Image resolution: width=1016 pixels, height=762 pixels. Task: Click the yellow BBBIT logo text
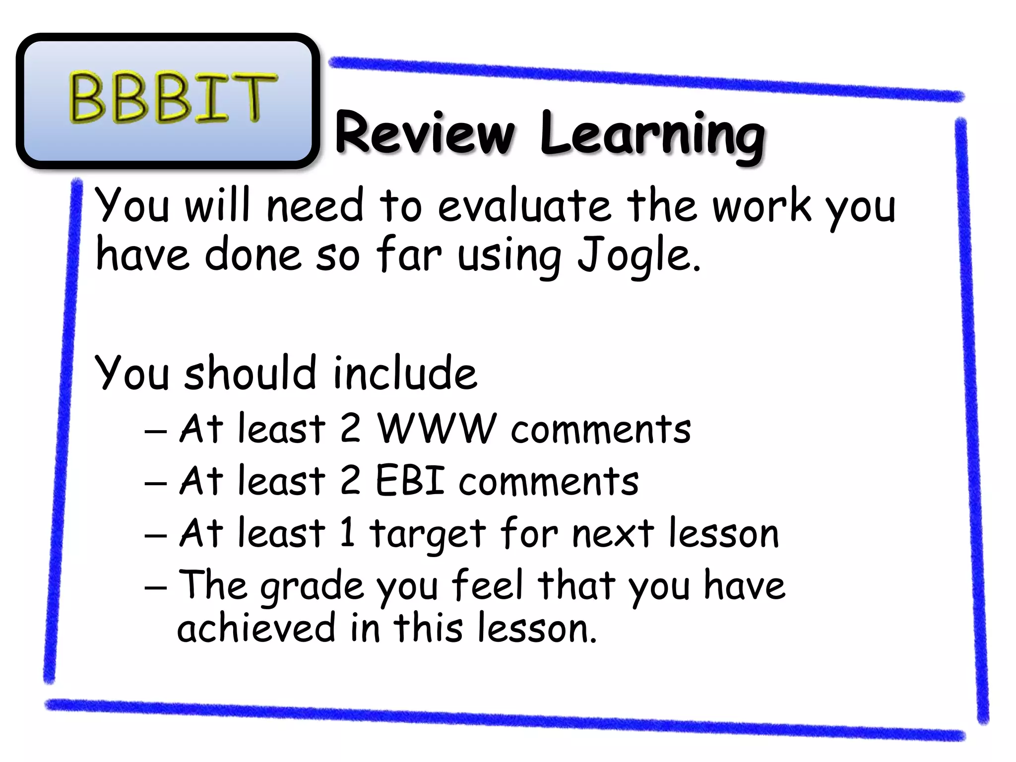point(171,98)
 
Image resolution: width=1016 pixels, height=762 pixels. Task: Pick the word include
point(404,374)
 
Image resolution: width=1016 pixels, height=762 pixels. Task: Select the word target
point(427,534)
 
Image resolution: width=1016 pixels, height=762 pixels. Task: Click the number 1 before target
point(348,532)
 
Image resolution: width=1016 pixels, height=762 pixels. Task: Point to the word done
point(253,255)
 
